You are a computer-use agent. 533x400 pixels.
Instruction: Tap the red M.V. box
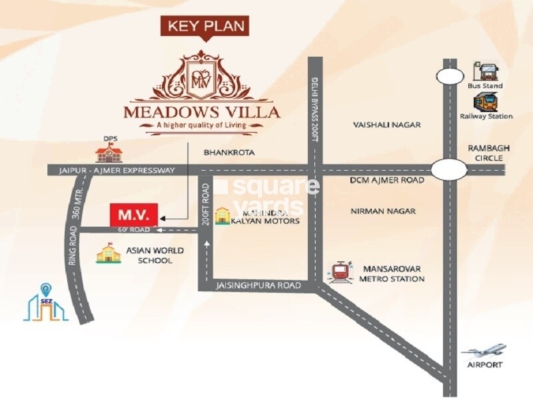point(133,215)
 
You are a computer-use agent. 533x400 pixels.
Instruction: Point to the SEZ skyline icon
point(46,303)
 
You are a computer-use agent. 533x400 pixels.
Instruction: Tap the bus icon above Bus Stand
point(484,71)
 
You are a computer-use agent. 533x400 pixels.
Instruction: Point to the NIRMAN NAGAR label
point(383,211)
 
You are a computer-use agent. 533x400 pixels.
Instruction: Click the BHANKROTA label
point(229,153)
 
